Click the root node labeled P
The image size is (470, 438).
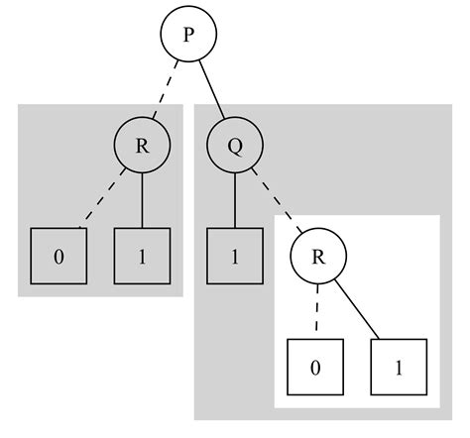(187, 35)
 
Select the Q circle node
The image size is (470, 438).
(235, 147)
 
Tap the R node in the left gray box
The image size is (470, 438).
(142, 147)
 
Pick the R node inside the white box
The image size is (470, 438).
(318, 257)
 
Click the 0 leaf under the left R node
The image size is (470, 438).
(59, 257)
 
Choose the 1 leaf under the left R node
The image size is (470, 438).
(142, 257)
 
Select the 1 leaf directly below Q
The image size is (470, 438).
(235, 257)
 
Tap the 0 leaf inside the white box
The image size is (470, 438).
(315, 368)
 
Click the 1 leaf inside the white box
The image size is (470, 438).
(399, 368)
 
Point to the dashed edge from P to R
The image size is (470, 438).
(165, 91)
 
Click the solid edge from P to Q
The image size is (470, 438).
(211, 91)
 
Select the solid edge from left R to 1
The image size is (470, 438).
(142, 201)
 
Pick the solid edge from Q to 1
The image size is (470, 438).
(235, 201)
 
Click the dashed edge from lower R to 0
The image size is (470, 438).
(317, 312)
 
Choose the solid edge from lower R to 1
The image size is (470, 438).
(358, 312)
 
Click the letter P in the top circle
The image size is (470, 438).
(187, 35)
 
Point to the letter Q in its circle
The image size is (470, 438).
(235, 147)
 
